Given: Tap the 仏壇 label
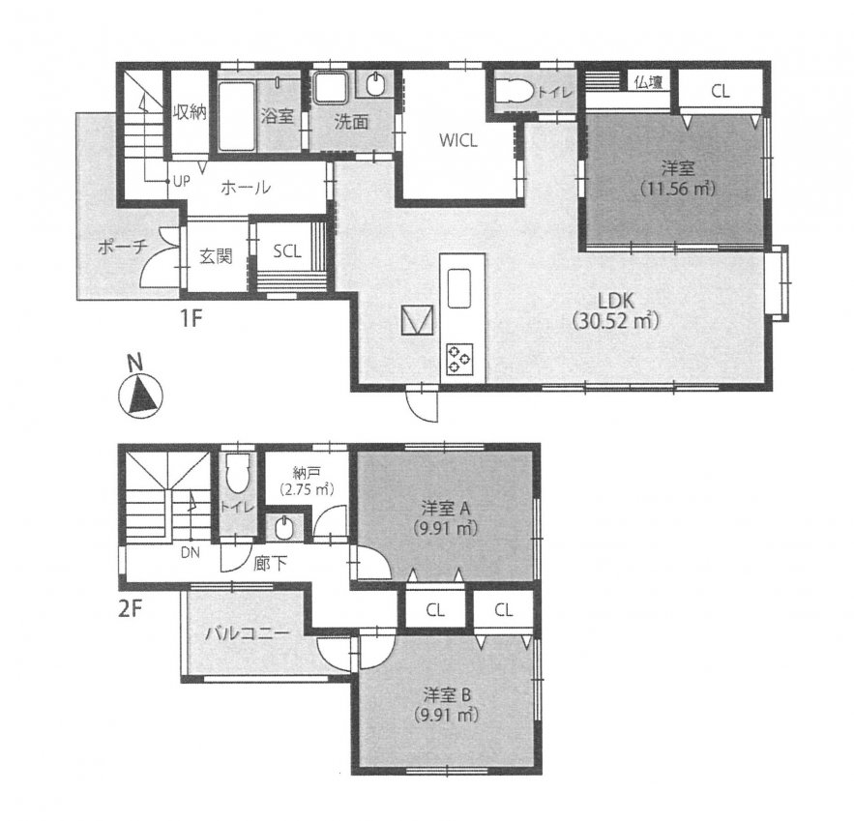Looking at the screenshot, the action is click(x=649, y=83).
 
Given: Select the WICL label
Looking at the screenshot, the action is click(x=458, y=141).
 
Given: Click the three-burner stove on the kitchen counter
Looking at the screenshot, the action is click(x=459, y=359).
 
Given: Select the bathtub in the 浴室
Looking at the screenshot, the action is click(x=236, y=116).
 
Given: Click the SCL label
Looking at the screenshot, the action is click(x=287, y=251).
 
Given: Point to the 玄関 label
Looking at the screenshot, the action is click(x=216, y=256).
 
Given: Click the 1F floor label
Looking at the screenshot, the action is click(x=191, y=318).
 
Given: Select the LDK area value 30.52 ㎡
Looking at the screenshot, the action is click(x=616, y=321).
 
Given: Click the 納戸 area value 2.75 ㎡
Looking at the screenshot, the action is click(x=306, y=489).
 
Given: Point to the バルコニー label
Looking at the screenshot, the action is click(x=247, y=633).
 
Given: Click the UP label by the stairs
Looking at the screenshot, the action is click(x=182, y=181).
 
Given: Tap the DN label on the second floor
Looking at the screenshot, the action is click(x=191, y=553).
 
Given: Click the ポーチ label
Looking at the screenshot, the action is click(x=123, y=248).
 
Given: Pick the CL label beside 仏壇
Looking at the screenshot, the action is click(x=720, y=92).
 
